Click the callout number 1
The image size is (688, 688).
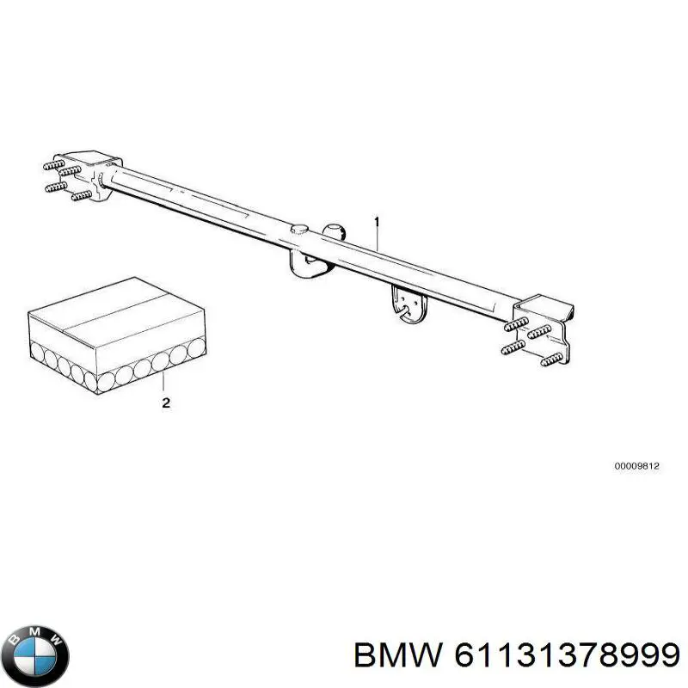[377, 222]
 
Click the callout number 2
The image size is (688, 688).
[166, 402]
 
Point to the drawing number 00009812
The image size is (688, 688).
[636, 466]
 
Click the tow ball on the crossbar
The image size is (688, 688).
[335, 232]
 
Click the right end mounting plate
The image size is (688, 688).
[545, 326]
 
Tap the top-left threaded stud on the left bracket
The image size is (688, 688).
[54, 164]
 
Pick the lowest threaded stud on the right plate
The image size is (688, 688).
[551, 359]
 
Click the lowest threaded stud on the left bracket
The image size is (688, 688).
[81, 195]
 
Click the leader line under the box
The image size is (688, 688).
[163, 381]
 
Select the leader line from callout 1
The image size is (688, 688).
[377, 239]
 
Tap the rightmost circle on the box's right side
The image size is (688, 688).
[196, 347]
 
